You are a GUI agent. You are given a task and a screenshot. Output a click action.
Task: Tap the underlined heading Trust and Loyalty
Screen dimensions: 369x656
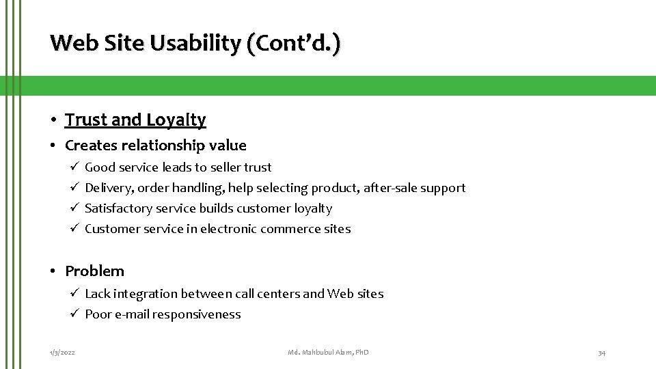coord(135,120)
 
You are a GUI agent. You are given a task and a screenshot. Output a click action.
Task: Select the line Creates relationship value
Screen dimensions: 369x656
coord(156,145)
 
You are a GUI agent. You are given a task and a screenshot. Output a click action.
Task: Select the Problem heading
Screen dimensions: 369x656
coord(94,271)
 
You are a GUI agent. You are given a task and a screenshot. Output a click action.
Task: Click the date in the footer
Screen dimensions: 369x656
coord(62,352)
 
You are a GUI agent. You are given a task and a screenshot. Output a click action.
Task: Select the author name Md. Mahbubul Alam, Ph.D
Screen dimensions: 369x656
coord(328,352)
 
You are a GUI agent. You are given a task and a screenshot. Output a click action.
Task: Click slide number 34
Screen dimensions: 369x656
coord(601,352)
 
